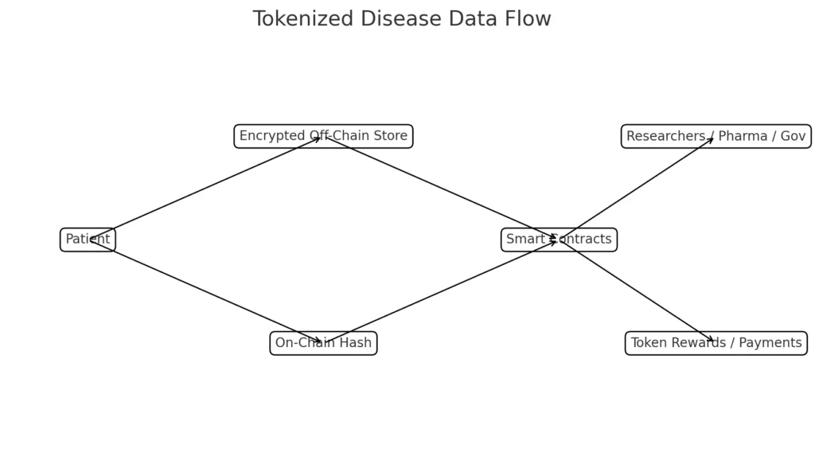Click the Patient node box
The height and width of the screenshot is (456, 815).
(x=88, y=240)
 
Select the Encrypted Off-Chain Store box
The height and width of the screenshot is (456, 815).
(x=323, y=136)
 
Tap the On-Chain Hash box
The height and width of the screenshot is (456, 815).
(x=323, y=343)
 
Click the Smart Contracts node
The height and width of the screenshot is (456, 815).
(x=559, y=240)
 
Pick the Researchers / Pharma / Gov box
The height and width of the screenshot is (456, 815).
(x=716, y=136)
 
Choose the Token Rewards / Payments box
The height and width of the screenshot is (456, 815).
(x=716, y=343)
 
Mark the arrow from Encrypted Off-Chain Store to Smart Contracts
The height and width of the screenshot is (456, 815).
(x=441, y=188)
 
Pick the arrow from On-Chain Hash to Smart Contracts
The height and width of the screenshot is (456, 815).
(x=441, y=291)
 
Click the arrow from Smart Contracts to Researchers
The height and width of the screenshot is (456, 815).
(x=637, y=188)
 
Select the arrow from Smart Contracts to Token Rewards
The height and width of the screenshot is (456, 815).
(x=637, y=291)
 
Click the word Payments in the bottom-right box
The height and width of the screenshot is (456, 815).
(x=769, y=343)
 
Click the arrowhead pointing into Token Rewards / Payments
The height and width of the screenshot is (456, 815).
(x=710, y=340)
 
